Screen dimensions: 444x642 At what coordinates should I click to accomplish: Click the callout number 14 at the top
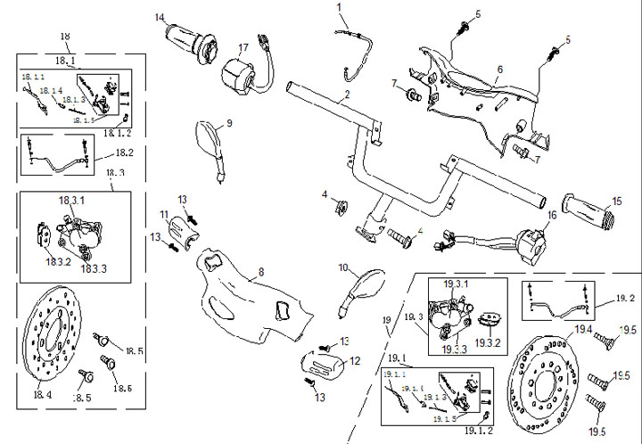click(160, 17)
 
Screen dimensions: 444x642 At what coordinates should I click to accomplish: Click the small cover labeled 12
click(322, 366)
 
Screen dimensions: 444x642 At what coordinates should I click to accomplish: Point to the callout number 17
click(243, 47)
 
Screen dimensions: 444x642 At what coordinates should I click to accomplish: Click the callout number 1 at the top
click(339, 7)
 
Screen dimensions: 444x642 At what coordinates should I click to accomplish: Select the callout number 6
click(500, 69)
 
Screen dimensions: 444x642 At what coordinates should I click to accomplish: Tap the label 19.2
click(625, 299)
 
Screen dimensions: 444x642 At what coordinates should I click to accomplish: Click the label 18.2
click(123, 152)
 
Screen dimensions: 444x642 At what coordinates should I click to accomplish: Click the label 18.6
click(123, 389)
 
